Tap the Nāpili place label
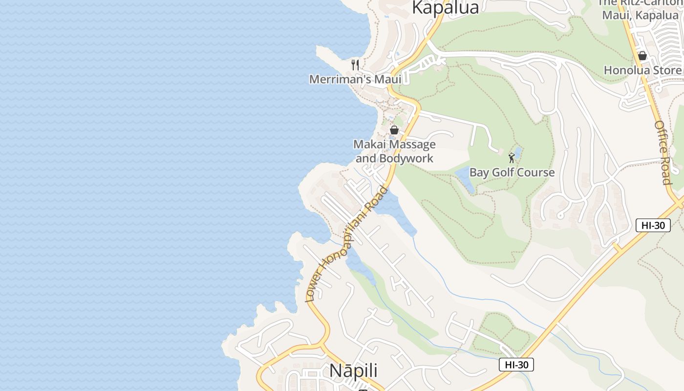coord(353,370)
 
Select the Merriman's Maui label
coord(355,79)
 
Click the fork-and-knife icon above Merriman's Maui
coord(355,65)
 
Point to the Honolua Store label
coord(642,70)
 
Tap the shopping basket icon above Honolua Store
coord(642,56)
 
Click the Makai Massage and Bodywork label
coord(394,151)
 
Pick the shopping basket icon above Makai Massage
coord(394,130)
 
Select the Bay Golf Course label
coord(512,172)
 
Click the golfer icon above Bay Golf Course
coord(512,158)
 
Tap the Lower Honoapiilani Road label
coord(346,244)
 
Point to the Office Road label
coord(663,152)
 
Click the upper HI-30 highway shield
coord(653,225)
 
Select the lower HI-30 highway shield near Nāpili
coord(516,365)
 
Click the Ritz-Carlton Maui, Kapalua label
coord(640,9)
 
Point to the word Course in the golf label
coord(535,172)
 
